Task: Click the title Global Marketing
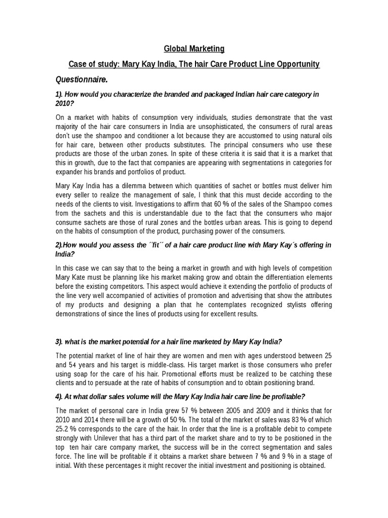click(x=194, y=49)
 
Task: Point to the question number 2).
click(x=60, y=245)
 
